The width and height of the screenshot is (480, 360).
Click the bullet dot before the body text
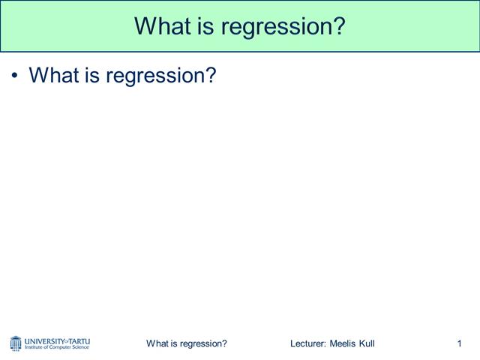15,76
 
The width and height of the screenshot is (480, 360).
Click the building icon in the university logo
16,343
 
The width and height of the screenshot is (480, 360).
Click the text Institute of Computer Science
57,347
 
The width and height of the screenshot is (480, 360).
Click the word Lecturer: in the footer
308,343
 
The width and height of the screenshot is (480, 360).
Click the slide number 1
458,343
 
